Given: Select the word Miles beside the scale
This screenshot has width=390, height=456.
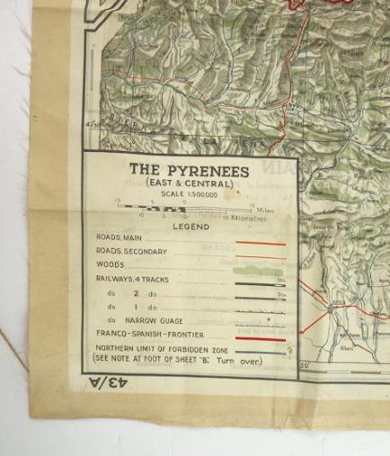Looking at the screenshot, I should pyautogui.click(x=259, y=209).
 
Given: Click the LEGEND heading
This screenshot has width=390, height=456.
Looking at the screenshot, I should pyautogui.click(x=191, y=227).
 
